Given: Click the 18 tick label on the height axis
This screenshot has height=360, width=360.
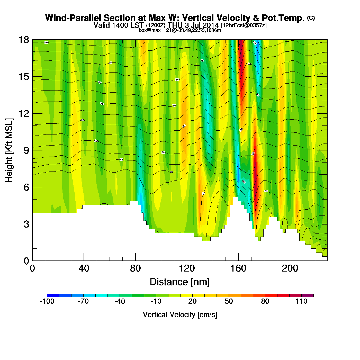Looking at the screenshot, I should (23, 40).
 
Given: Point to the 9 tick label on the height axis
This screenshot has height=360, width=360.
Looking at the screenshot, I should (26, 150).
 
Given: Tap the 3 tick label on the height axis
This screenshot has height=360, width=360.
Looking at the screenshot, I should (26, 224).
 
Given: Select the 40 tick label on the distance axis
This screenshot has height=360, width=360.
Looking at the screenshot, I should (84, 268).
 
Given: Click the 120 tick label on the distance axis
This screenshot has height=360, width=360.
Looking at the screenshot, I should (187, 268).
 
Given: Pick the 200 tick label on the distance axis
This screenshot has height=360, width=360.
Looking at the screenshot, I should (290, 268).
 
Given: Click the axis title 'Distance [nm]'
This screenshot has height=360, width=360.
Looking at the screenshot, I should (180, 282).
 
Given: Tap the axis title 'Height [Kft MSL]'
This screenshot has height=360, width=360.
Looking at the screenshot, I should (9, 150).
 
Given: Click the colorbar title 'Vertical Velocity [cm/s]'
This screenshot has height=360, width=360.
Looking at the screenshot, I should (180, 314).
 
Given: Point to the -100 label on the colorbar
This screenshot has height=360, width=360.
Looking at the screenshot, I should (47, 301).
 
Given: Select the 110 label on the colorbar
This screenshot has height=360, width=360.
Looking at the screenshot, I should (301, 301).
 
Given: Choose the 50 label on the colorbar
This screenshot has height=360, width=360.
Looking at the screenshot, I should (229, 301).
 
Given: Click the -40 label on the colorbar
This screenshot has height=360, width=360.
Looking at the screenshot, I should (120, 301).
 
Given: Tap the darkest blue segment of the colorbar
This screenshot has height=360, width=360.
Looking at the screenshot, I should (53, 295).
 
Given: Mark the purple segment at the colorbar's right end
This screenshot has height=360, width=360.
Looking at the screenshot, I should (308, 295).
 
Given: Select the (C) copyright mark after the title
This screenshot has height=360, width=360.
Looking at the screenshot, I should (311, 18).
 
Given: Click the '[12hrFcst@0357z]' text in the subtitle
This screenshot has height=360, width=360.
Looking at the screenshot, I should (244, 25).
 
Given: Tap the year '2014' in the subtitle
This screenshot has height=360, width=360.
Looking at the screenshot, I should (211, 25).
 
